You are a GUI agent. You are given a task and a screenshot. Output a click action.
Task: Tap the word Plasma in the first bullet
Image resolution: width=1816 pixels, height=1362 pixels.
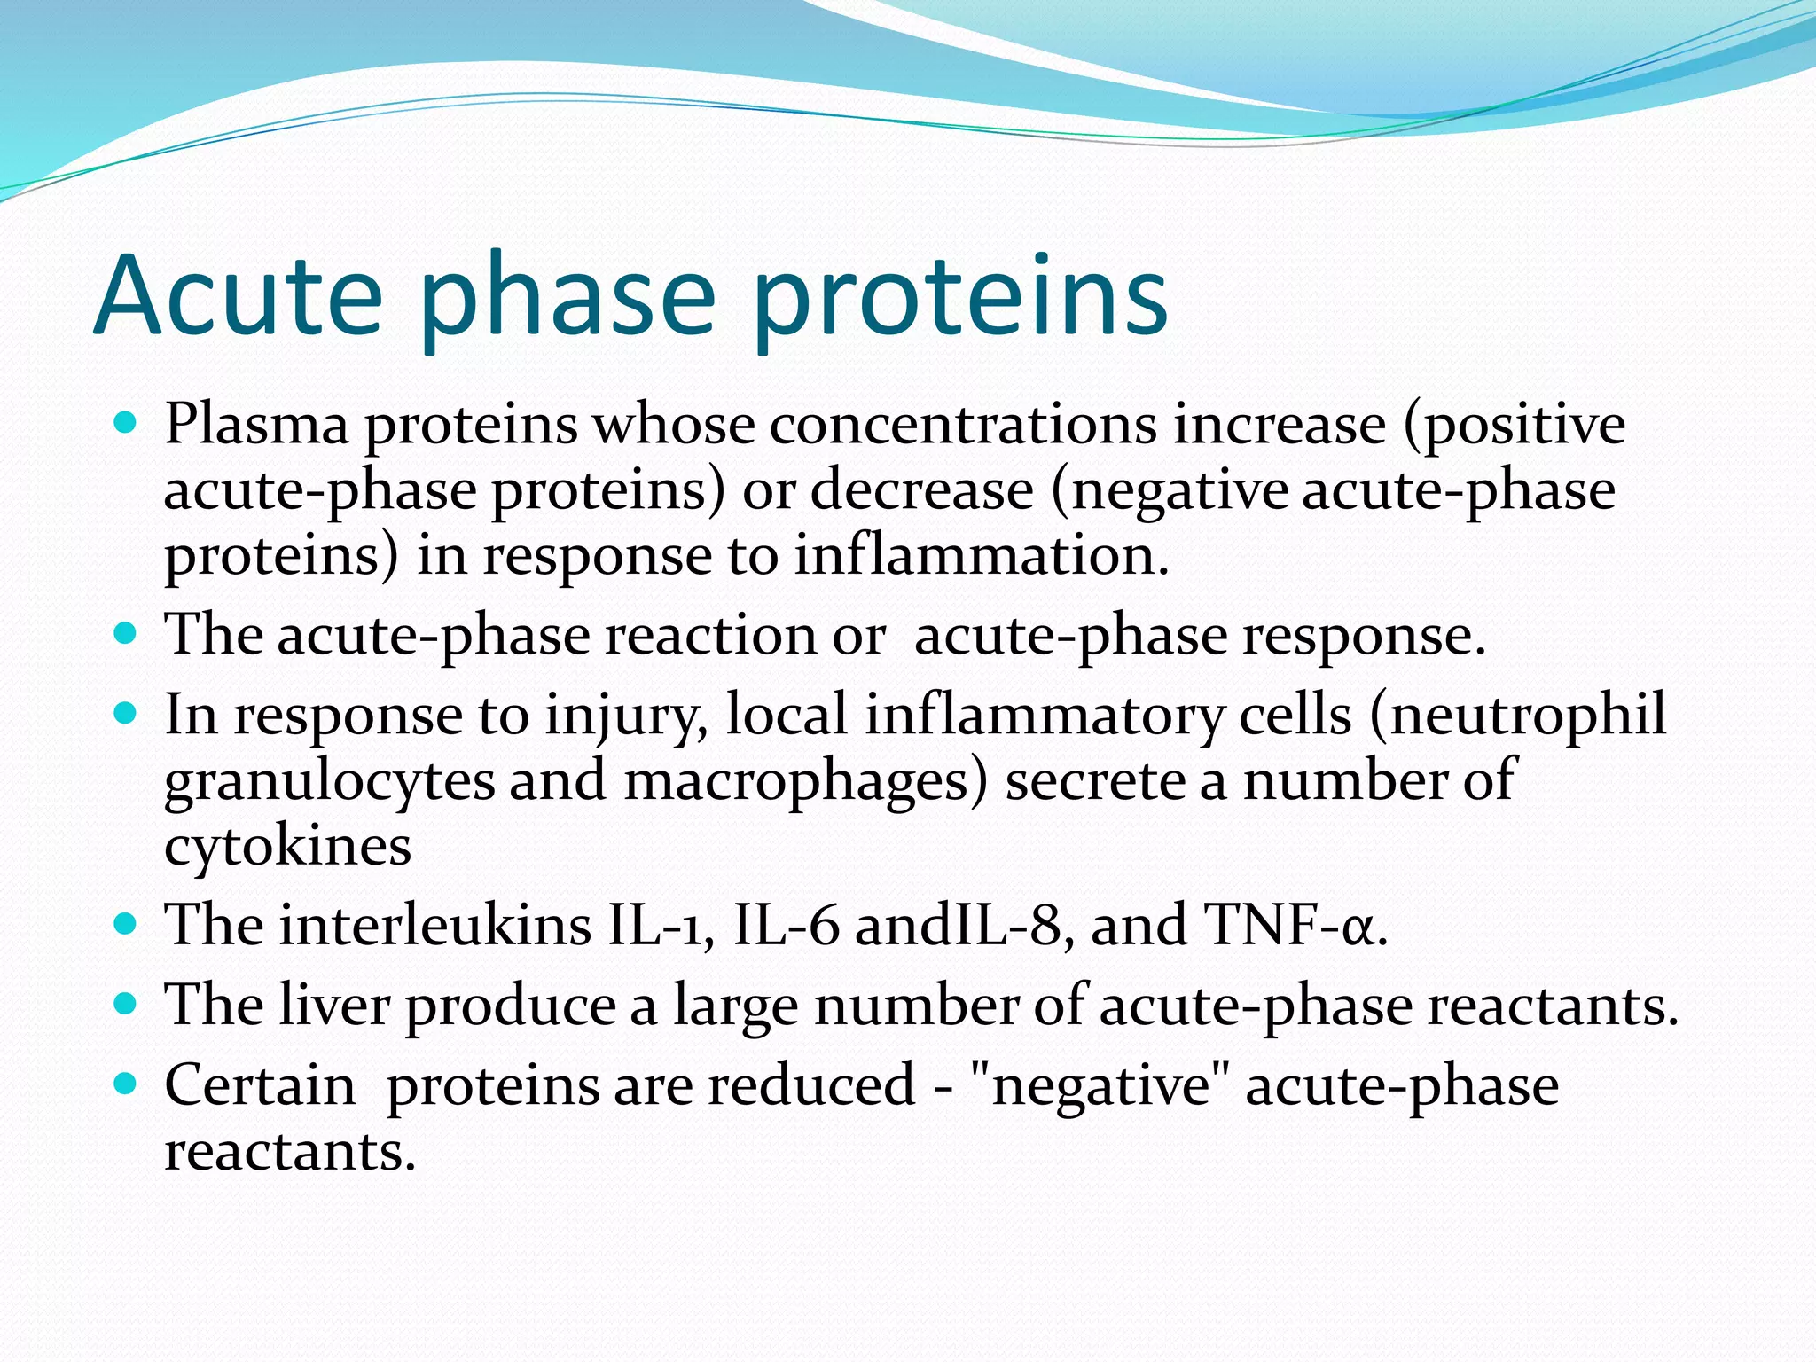click(256, 424)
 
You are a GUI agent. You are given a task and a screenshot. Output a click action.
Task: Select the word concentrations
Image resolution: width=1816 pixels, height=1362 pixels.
click(963, 424)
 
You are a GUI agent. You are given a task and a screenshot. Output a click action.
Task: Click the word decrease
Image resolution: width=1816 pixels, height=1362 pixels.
click(922, 489)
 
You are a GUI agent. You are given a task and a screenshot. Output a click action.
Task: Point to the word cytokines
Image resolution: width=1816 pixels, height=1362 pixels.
click(288, 846)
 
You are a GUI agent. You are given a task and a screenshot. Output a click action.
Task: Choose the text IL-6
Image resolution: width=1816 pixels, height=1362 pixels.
click(786, 925)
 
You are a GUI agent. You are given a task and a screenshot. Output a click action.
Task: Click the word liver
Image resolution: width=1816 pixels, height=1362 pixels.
click(334, 1005)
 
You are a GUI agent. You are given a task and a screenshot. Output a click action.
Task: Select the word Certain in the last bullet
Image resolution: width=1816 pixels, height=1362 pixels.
click(260, 1084)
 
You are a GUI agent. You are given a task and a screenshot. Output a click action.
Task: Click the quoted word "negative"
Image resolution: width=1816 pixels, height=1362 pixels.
click(1100, 1086)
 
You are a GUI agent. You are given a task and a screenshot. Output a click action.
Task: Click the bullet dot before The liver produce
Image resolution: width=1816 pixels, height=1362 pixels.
click(126, 1003)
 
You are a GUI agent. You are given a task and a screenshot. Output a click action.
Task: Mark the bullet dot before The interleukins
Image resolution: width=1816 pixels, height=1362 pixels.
click(126, 924)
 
